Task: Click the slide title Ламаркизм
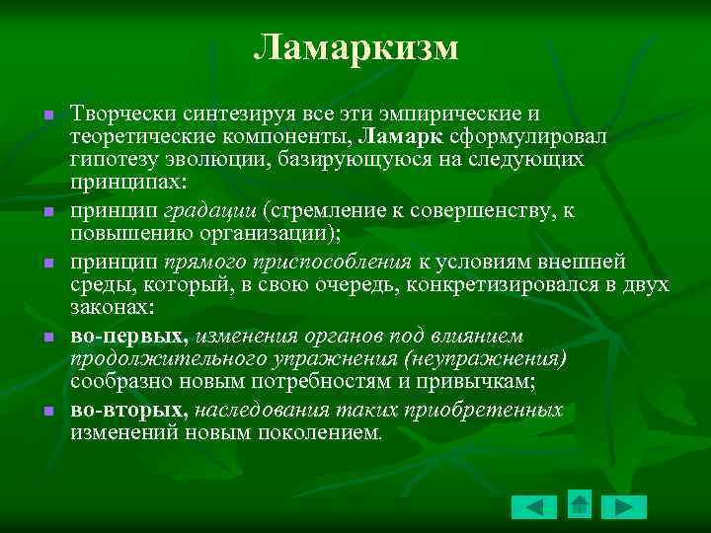click(x=355, y=47)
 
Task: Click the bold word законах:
click(x=112, y=308)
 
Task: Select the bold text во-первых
click(x=127, y=335)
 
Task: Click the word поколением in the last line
click(x=319, y=432)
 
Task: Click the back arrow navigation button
click(x=533, y=506)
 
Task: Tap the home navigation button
click(x=580, y=504)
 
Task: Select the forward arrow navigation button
click(x=624, y=506)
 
